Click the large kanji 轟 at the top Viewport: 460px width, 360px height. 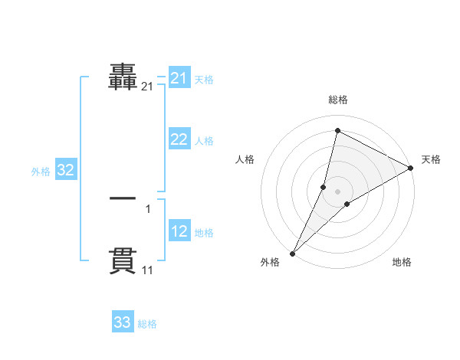pyautogui.click(x=123, y=77)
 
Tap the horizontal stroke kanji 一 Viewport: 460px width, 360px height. pyautogui.click(x=123, y=198)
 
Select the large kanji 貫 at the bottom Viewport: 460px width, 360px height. pyautogui.click(x=123, y=260)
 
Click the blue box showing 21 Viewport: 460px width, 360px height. pyautogui.click(x=179, y=78)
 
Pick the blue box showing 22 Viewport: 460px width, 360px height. pyautogui.click(x=179, y=139)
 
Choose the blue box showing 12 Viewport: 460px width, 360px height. pyautogui.click(x=179, y=231)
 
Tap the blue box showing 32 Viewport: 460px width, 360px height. pyautogui.click(x=65, y=170)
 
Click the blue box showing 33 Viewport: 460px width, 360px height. pyautogui.click(x=123, y=322)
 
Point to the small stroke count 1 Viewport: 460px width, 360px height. pyautogui.click(x=148, y=209)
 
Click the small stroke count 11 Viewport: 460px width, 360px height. pyautogui.click(x=148, y=270)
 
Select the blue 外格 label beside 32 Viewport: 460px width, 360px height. pyautogui.click(x=41, y=172)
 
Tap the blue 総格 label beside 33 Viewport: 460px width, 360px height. pyautogui.click(x=148, y=324)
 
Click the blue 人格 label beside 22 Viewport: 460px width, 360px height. pyautogui.click(x=204, y=141)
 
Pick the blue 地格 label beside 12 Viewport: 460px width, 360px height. pyautogui.click(x=204, y=233)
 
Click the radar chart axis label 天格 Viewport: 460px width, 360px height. pyautogui.click(x=431, y=159)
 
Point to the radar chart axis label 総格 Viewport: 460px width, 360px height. pyautogui.click(x=337, y=100)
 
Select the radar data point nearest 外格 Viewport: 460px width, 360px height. pyautogui.click(x=293, y=254)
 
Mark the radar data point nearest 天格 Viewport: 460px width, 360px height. pyautogui.click(x=412, y=168)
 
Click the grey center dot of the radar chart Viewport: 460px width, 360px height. pyautogui.click(x=337, y=191)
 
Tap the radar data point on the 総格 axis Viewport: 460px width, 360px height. pyautogui.click(x=337, y=130)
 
